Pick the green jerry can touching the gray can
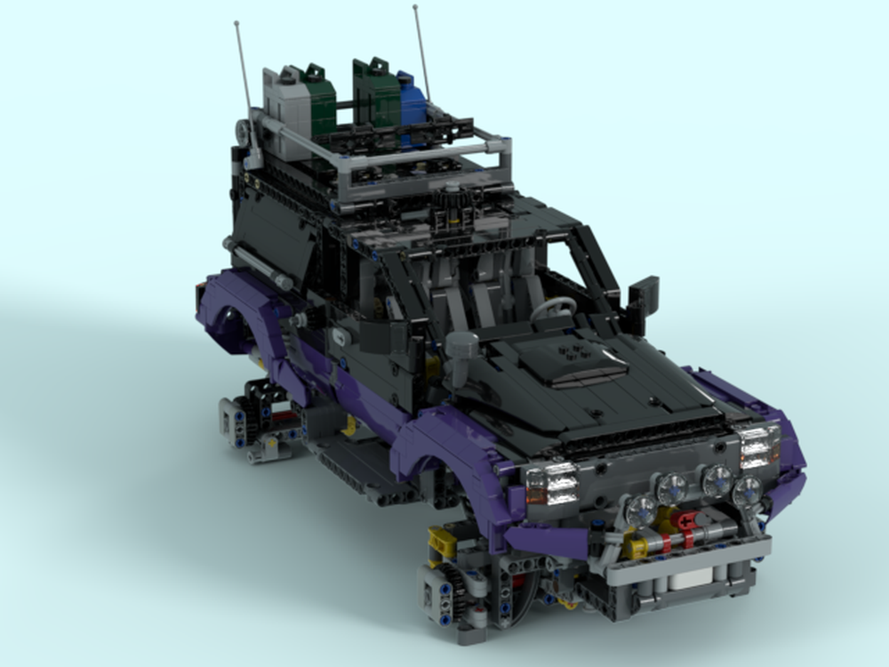coord(318,102)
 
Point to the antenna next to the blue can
coord(421,53)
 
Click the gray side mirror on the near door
coord(461,347)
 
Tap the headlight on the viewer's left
coord(551,484)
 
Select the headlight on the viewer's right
coord(758,445)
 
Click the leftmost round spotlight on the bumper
coord(640,510)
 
